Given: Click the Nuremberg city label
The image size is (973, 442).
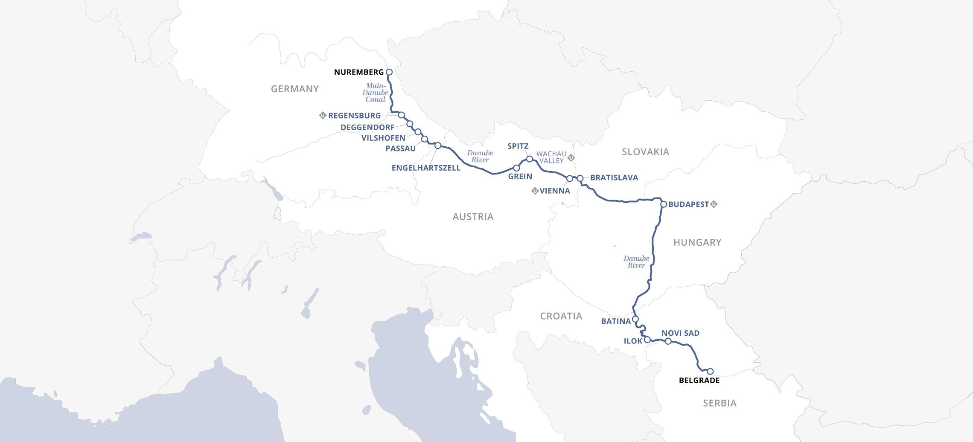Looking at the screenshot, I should pyautogui.click(x=358, y=72).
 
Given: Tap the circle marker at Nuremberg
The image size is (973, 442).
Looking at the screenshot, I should pyautogui.click(x=389, y=72).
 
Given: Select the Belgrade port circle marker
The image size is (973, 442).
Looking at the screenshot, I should pyautogui.click(x=710, y=371).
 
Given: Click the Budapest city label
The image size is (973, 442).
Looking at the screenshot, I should pyautogui.click(x=688, y=204).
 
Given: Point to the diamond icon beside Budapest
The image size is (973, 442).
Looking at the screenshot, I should pyautogui.click(x=714, y=204).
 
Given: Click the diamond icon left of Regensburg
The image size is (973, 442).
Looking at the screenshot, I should pyautogui.click(x=323, y=115).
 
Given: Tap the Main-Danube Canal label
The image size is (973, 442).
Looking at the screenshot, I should pyautogui.click(x=376, y=93).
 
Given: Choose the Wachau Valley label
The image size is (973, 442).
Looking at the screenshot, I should pyautogui.click(x=551, y=157).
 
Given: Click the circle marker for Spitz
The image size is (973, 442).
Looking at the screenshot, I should pyautogui.click(x=530, y=159).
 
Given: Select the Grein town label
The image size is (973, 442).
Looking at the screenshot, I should pyautogui.click(x=520, y=176).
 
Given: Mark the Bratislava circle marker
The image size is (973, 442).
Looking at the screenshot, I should pyautogui.click(x=580, y=178).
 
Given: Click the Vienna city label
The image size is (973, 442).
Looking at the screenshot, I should pyautogui.click(x=554, y=191).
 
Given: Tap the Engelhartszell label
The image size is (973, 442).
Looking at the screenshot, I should pyautogui.click(x=426, y=168).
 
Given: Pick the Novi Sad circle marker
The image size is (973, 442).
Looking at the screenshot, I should pyautogui.click(x=668, y=341).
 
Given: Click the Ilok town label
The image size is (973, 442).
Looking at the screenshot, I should pyautogui.click(x=632, y=341).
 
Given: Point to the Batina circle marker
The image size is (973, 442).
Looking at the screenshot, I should pyautogui.click(x=635, y=319).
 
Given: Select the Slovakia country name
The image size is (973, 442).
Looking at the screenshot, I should pyautogui.click(x=645, y=152).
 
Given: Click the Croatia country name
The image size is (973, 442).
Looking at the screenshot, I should pyautogui.click(x=561, y=316).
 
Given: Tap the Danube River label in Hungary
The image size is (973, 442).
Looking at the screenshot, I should pyautogui.click(x=636, y=262).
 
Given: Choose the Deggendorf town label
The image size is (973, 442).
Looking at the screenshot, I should pyautogui.click(x=367, y=127).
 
